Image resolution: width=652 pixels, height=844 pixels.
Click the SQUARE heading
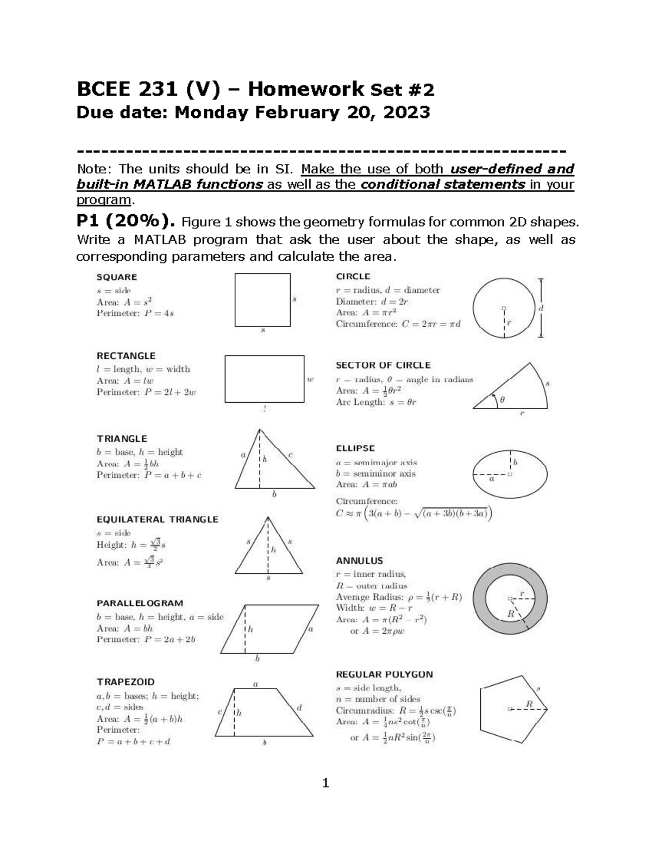coord(116,277)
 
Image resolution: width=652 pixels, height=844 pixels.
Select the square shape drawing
coord(262,299)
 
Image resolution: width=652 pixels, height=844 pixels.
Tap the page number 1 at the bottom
coord(325,783)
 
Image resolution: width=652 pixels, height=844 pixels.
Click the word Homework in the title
coord(305,89)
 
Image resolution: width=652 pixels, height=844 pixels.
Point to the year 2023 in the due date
coord(406,112)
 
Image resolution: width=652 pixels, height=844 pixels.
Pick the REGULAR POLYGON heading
coord(384,674)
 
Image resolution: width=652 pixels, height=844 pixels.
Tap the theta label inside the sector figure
coord(502,400)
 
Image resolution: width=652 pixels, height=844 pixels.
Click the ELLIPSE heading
coord(355,448)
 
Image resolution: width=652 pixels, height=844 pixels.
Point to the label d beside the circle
coord(541,308)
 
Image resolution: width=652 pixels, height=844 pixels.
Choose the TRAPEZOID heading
coord(126,682)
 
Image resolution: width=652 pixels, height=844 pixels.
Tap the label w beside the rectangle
coord(310,379)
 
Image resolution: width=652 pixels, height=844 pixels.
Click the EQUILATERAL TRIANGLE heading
coord(157,520)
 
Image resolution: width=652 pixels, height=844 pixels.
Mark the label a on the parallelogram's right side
coord(310,629)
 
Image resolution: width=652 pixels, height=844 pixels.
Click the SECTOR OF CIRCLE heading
coord(383,365)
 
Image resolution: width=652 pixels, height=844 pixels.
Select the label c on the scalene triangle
coord(291,454)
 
